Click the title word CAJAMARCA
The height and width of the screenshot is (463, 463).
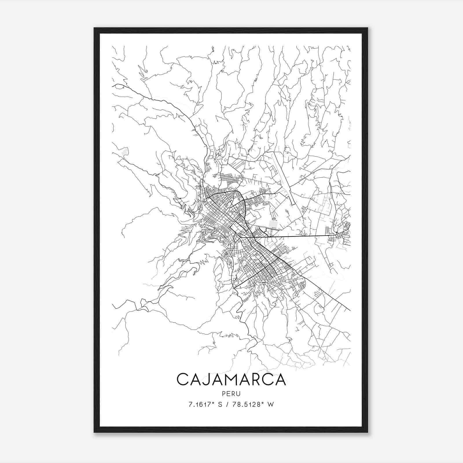point(231,379)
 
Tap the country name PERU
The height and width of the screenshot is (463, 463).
point(231,394)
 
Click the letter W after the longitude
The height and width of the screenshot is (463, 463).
point(271,405)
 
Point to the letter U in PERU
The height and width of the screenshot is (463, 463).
point(239,394)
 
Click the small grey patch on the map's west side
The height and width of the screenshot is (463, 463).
point(125,151)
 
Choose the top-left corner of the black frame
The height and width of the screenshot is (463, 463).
point(94,28)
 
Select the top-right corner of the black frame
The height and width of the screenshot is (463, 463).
point(368,28)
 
